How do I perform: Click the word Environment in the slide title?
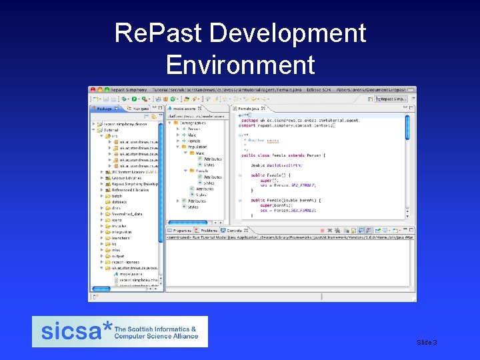[240, 65]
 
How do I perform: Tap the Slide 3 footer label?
[427, 342]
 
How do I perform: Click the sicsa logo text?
[72, 331]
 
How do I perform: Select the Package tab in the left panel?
[105, 108]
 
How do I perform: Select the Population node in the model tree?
[196, 147]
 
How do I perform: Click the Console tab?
[235, 231]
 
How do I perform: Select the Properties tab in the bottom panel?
[182, 231]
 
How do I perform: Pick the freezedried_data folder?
[127, 214]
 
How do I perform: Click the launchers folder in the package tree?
[121, 238]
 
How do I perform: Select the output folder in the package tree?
[118, 256]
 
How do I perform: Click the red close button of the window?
[93, 89]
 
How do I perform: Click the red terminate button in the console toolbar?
[347, 231]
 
